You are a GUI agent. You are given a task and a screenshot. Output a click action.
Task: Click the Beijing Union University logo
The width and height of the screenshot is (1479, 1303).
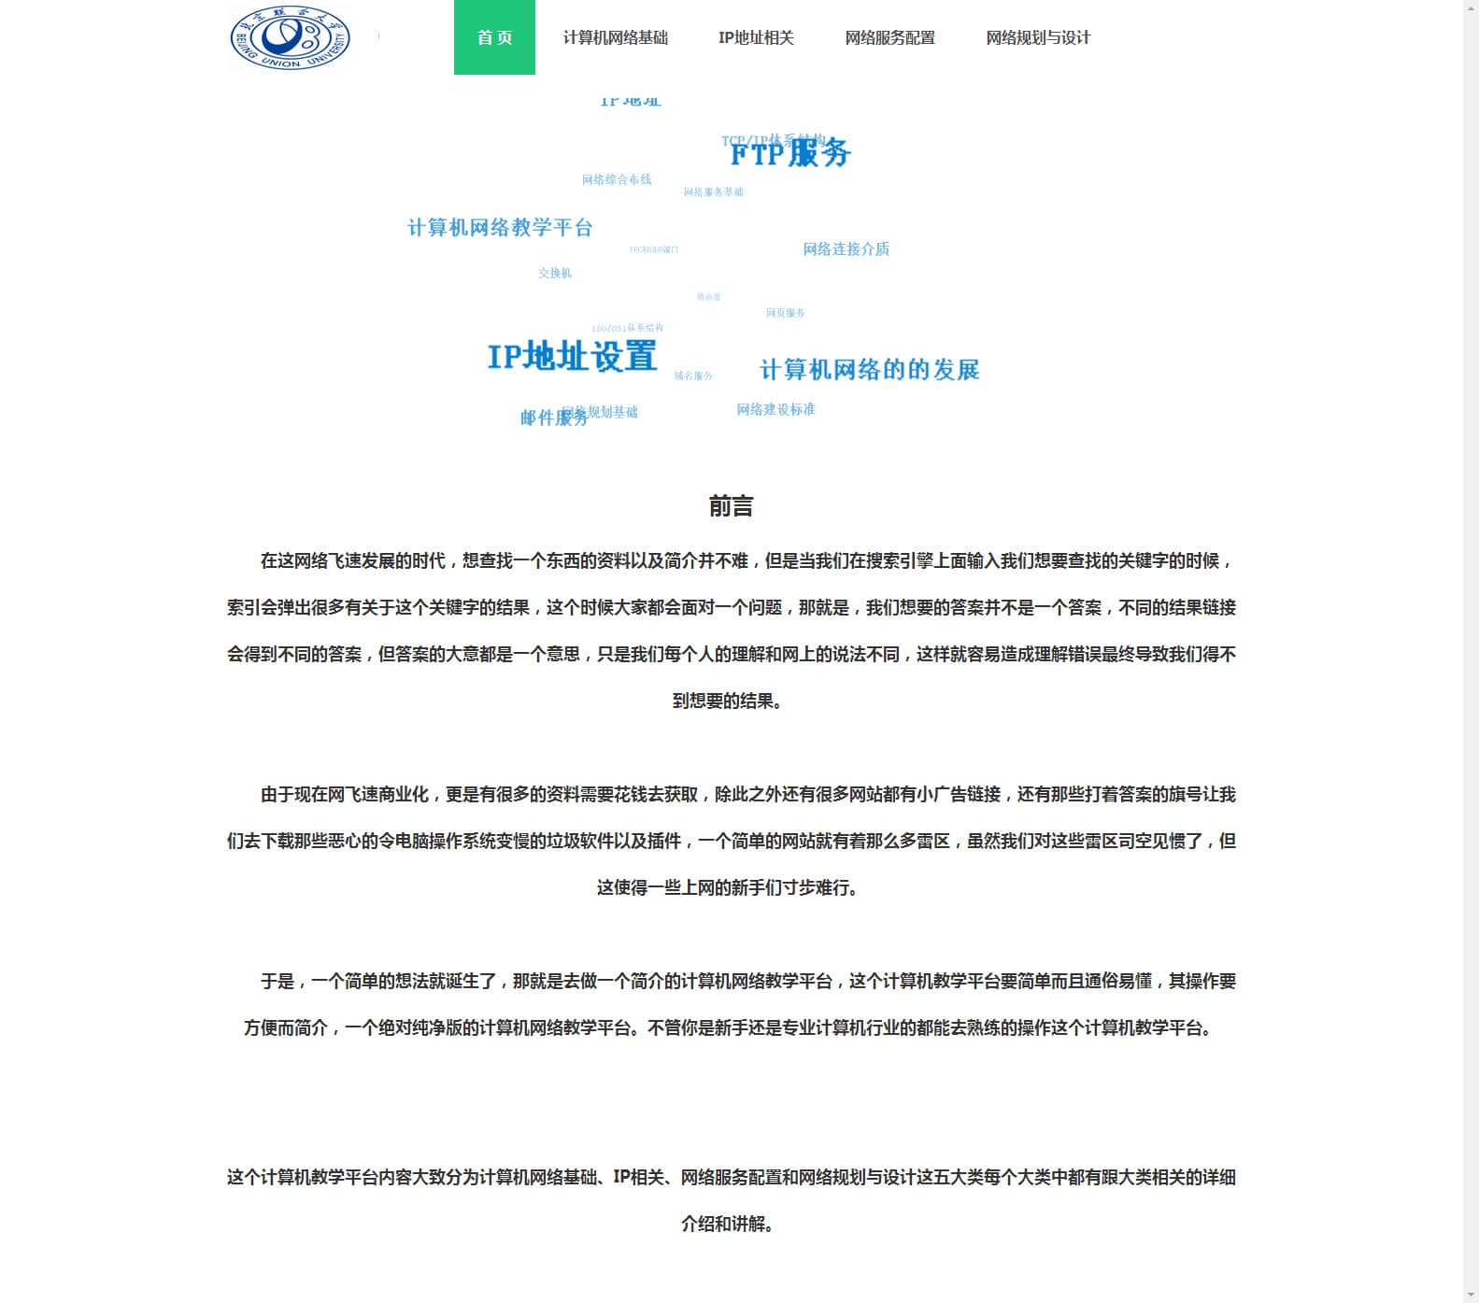click(x=290, y=37)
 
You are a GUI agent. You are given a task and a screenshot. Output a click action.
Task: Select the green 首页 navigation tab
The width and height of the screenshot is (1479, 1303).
click(x=494, y=37)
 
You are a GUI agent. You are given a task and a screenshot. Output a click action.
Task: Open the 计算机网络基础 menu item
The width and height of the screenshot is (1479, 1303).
click(x=615, y=37)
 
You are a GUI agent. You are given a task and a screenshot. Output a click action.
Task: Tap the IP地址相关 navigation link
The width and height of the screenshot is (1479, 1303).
click(x=756, y=37)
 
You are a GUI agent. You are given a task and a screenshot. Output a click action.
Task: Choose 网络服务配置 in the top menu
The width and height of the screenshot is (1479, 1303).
click(x=889, y=37)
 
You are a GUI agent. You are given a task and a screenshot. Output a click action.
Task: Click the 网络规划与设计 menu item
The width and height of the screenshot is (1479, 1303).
click(x=1038, y=37)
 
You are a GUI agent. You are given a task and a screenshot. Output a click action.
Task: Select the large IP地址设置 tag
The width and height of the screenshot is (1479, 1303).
click(x=572, y=356)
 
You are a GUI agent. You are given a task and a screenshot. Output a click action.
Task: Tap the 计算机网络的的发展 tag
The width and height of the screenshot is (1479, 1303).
click(x=869, y=370)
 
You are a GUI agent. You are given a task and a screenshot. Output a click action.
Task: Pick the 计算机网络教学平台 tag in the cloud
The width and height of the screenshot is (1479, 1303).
click(x=500, y=228)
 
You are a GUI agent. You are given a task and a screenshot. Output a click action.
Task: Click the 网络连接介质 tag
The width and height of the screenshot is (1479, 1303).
click(x=846, y=249)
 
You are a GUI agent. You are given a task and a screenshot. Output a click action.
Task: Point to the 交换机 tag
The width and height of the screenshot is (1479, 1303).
click(x=554, y=273)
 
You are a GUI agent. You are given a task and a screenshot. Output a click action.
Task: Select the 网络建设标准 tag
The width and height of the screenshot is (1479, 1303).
click(x=775, y=409)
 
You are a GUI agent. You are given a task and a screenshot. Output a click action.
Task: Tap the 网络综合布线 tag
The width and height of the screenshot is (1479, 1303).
click(x=616, y=179)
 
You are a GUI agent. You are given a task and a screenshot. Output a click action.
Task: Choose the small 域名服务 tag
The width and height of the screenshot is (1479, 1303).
click(x=693, y=375)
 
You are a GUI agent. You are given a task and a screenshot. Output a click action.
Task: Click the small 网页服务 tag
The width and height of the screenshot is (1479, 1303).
click(x=785, y=313)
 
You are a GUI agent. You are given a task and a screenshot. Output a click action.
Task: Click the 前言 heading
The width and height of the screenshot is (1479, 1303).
click(x=731, y=506)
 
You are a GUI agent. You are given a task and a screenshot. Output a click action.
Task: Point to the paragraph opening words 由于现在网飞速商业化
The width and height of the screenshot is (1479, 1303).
click(x=347, y=795)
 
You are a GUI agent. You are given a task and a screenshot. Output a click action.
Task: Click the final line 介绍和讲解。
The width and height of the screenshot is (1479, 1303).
click(x=728, y=1224)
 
